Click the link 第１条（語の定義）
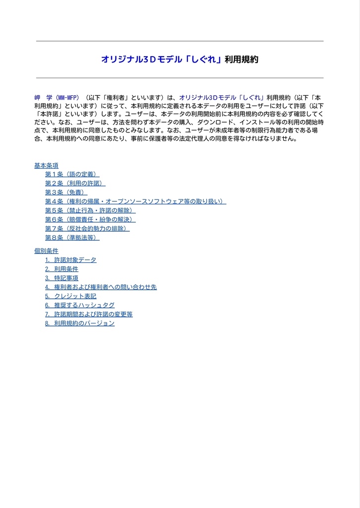click(72, 175)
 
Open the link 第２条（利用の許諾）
click(75, 184)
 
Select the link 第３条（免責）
click(66, 192)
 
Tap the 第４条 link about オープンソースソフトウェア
click(135, 201)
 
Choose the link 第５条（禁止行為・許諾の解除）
click(90, 210)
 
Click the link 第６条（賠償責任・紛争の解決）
click(90, 219)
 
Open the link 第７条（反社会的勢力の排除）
click(87, 229)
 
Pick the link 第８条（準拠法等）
click(72, 238)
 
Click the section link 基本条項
click(46, 166)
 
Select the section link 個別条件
click(46, 251)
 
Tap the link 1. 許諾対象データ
click(70, 260)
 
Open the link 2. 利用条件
click(61, 269)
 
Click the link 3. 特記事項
click(61, 278)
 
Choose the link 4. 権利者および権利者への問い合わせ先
click(101, 287)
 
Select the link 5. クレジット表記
click(70, 296)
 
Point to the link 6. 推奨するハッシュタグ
click(79, 305)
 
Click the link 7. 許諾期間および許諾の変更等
click(89, 314)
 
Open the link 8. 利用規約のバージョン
click(79, 323)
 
